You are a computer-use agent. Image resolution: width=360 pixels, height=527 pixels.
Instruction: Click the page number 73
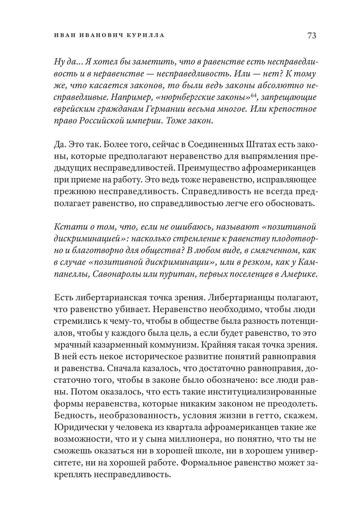pyautogui.click(x=311, y=35)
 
